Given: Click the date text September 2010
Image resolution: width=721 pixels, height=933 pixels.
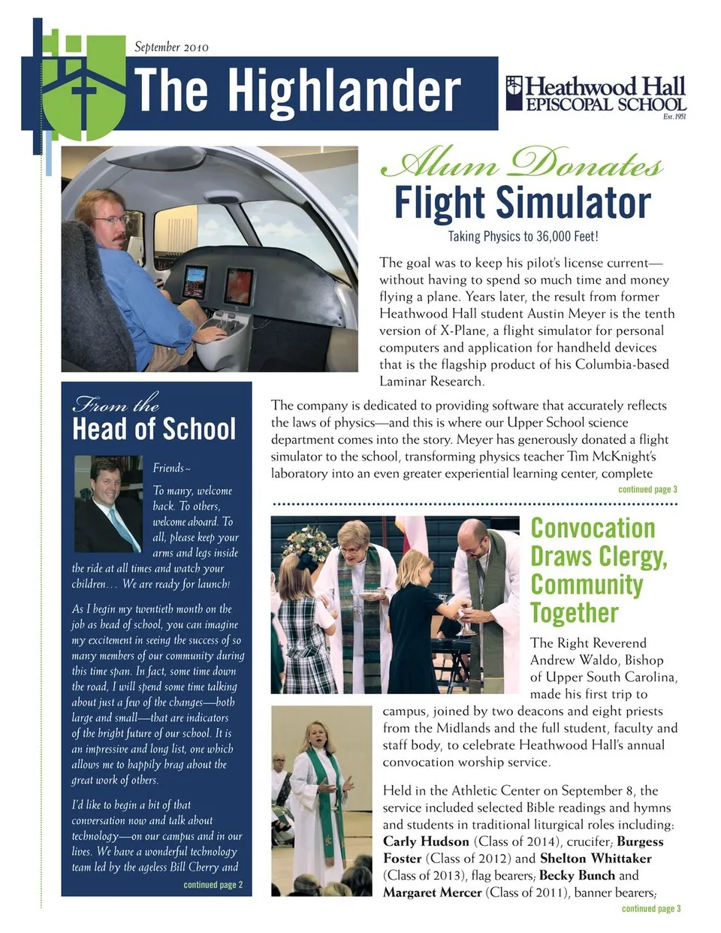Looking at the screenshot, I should pos(171,47).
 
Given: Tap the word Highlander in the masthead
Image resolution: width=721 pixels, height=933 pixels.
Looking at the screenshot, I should pos(344,92).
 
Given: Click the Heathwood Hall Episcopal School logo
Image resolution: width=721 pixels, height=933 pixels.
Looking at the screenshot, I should pos(596,95).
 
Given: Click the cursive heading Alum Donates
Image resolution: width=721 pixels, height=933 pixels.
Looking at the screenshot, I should pos(521,163).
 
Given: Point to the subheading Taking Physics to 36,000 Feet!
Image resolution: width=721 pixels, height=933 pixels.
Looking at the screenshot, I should pos(523,237).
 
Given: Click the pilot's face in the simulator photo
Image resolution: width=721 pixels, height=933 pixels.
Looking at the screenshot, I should pos(110,219).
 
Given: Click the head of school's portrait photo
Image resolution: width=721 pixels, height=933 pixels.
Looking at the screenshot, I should pos(108,503).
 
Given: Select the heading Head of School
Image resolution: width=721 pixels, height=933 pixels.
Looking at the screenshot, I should pos(154,429).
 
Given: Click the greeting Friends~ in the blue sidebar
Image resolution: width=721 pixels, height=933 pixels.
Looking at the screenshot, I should pos(171,468).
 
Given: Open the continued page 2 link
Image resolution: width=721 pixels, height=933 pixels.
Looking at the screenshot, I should pos(213,885).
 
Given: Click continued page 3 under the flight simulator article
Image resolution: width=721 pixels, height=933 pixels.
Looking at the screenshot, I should pos(647,490).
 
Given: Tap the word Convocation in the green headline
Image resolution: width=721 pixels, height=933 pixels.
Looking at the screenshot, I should pos(593,528).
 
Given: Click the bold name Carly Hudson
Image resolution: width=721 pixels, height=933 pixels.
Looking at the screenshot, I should pos(425,841).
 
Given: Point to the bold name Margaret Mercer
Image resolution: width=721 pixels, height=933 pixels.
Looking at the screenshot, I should pos(432,892).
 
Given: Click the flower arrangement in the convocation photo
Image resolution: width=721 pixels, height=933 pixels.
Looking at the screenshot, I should pos(307,543).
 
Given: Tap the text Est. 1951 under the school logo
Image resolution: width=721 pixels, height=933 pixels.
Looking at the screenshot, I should pos(674,116).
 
